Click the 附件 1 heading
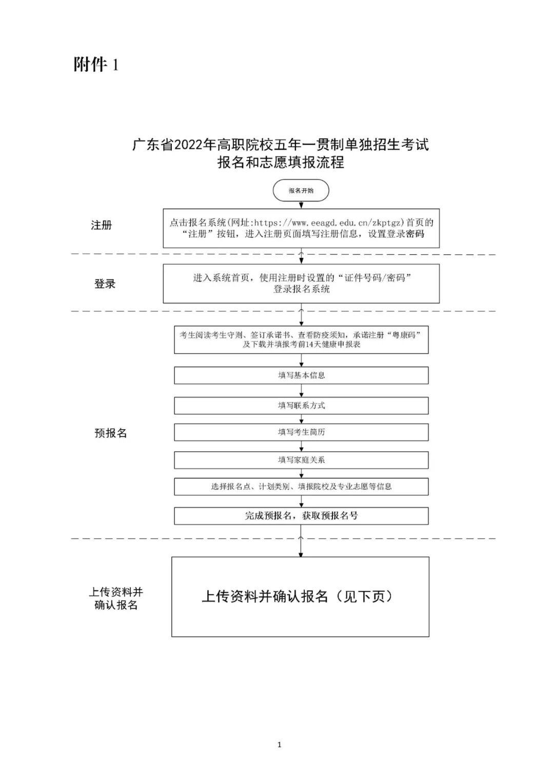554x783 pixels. [96, 65]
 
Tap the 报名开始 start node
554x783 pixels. [301, 191]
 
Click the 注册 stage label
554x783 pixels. [101, 225]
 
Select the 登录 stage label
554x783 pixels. [105, 284]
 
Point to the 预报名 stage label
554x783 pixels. [110, 433]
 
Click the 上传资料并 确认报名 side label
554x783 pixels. [116, 598]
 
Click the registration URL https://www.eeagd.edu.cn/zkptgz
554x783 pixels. [329, 223]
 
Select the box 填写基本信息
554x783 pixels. [301, 375]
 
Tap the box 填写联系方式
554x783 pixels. [301, 406]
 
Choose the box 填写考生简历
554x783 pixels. [301, 432]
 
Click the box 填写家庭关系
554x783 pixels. [301, 460]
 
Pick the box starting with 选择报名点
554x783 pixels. [301, 487]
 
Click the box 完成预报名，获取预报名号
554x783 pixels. [301, 516]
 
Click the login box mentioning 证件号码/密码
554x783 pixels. [301, 284]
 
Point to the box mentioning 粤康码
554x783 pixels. [301, 339]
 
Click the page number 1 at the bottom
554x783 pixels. [279, 745]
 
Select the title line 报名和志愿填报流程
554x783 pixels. [281, 163]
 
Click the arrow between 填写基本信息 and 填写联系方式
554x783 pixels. [301, 391]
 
